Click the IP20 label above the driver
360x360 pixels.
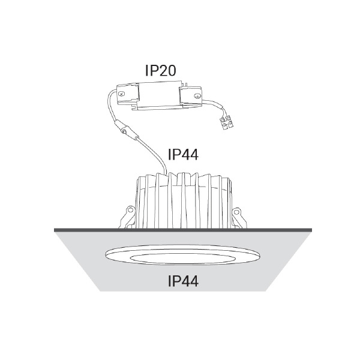160,70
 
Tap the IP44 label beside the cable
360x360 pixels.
183,154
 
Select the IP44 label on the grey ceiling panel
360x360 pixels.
183,281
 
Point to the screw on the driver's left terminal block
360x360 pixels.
122,94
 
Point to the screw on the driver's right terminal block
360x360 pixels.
197,96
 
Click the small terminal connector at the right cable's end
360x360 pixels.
227,123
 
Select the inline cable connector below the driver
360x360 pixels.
126,131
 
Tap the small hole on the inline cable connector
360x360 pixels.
124,131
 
